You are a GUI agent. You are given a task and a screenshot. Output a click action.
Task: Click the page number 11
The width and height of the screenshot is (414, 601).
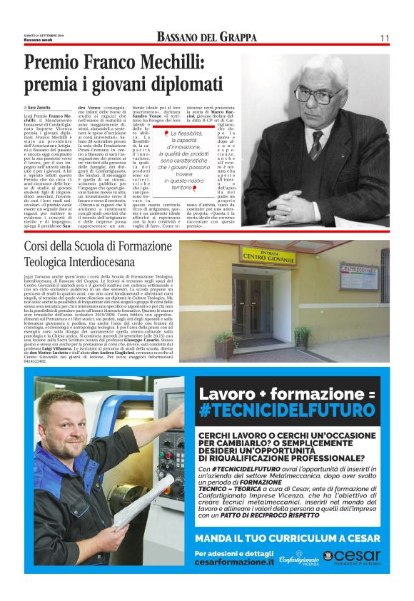coord(384,37)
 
